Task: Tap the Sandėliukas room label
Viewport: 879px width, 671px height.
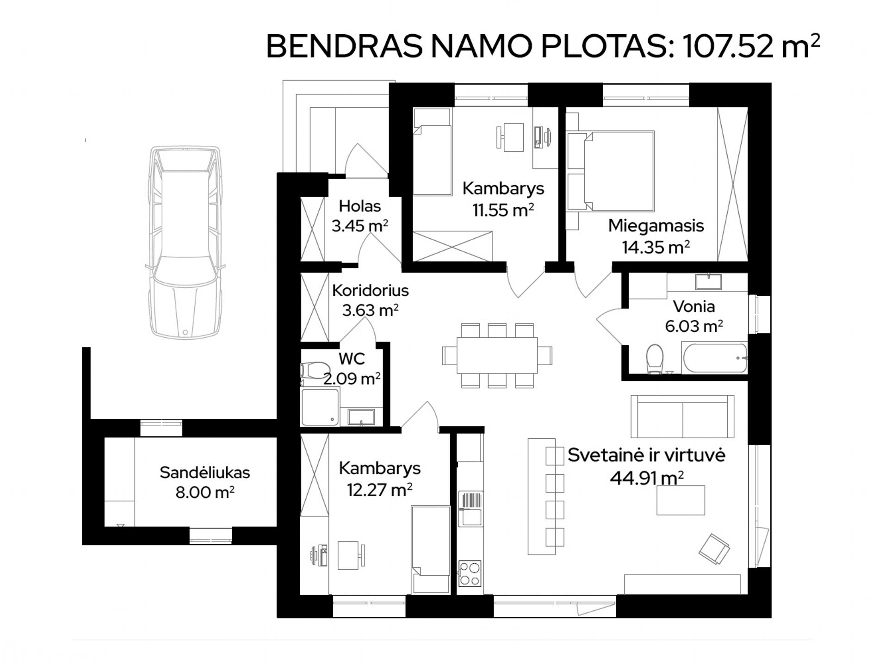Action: pyautogui.click(x=204, y=472)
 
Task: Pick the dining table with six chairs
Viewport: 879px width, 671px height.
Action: pyautogui.click(x=497, y=355)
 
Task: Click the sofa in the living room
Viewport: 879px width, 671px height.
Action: pyautogui.click(x=682, y=416)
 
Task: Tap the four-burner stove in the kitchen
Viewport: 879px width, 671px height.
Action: pyautogui.click(x=470, y=574)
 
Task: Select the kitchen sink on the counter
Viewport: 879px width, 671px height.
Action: pyautogui.click(x=470, y=509)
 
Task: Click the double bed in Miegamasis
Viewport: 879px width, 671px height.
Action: pyautogui.click(x=619, y=171)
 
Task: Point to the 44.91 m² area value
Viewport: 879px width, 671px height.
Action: pyautogui.click(x=647, y=477)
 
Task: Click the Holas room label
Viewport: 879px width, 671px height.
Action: pyautogui.click(x=359, y=206)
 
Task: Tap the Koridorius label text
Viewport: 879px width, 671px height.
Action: pyautogui.click(x=370, y=290)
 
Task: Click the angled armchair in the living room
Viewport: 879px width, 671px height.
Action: pyautogui.click(x=714, y=549)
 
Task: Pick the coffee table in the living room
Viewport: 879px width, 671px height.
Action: pyautogui.click(x=681, y=500)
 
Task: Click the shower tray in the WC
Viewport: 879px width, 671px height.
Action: pyautogui.click(x=320, y=407)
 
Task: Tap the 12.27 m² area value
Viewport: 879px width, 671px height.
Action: pyautogui.click(x=380, y=490)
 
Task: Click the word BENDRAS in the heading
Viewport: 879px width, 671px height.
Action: pyautogui.click(x=344, y=47)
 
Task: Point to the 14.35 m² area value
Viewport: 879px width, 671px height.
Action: pyautogui.click(x=656, y=247)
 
